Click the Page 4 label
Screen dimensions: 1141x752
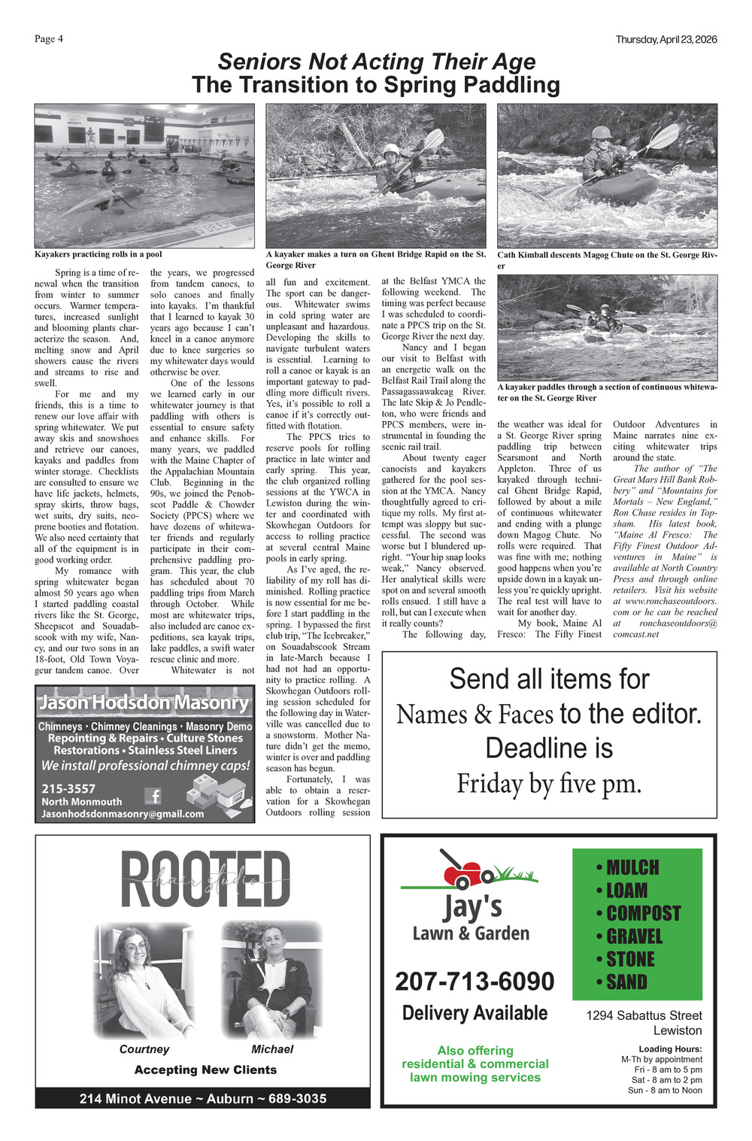tap(49, 39)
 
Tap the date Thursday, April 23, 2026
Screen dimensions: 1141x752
tap(666, 39)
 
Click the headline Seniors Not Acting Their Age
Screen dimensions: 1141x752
tap(377, 62)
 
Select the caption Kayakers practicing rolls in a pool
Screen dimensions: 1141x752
tap(99, 254)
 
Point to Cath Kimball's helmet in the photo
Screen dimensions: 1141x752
tap(601, 133)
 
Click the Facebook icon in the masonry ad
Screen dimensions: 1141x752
tap(153, 795)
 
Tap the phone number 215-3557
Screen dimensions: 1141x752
tap(68, 788)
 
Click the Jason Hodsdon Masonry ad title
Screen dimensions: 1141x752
tap(144, 703)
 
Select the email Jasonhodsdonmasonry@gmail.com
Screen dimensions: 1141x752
tap(123, 814)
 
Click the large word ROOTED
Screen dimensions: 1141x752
tap(205, 880)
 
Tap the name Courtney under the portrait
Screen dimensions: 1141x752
tap(144, 1049)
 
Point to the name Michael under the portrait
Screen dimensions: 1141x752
tap(272, 1049)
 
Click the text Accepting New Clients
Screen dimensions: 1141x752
tap(205, 1070)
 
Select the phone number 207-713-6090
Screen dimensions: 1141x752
tap(475, 981)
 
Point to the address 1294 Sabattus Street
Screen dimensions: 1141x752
tap(644, 1015)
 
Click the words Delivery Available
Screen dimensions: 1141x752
tap(475, 1013)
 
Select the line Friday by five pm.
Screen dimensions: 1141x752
tap(549, 784)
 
